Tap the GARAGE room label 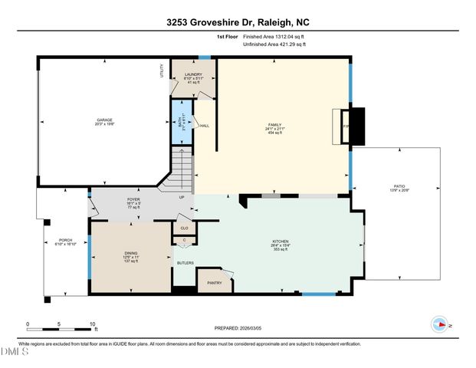(104, 120)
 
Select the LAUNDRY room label (192, 75)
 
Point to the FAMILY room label (274, 124)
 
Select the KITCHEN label (281, 242)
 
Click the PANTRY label (215, 283)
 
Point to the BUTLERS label (185, 263)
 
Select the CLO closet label (184, 228)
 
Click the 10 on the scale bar (93, 324)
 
